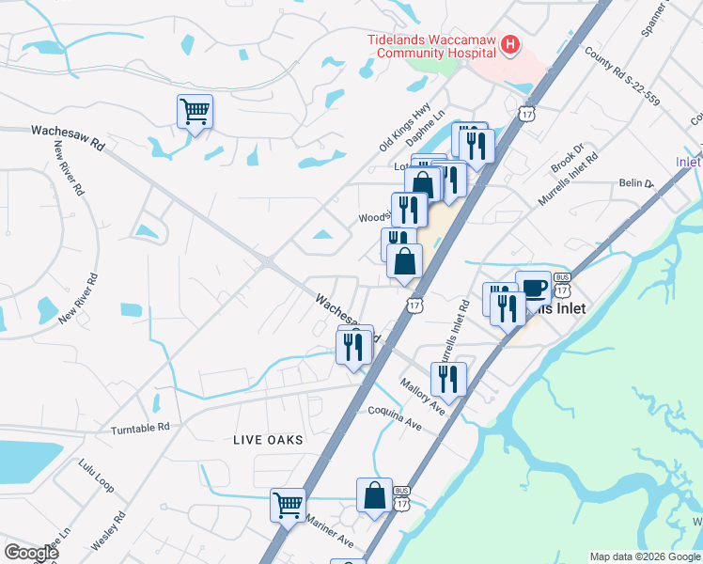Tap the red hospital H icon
click(x=510, y=43)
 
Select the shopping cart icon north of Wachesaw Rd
click(x=195, y=112)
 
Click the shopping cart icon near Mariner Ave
click(x=289, y=504)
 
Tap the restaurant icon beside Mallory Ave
click(x=448, y=379)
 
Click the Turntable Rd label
click(x=140, y=427)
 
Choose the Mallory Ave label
click(x=421, y=396)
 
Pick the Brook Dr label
click(x=568, y=156)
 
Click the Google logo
click(x=31, y=552)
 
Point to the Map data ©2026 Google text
click(x=644, y=556)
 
